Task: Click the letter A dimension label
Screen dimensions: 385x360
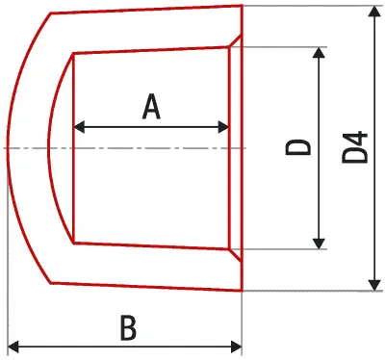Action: point(151,107)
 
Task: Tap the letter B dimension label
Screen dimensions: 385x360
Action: point(128,327)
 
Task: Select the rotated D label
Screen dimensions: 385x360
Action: point(298,147)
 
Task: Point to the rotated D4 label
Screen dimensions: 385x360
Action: point(354,147)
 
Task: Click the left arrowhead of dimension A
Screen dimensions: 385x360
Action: point(79,127)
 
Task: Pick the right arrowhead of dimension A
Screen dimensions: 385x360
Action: point(223,127)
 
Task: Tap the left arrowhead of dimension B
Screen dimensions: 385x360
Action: point(13,347)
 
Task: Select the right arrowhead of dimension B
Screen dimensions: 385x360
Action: point(237,347)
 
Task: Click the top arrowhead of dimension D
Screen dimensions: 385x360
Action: point(319,53)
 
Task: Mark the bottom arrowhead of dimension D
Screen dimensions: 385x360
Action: point(319,244)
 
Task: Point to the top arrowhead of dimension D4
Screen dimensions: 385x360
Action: point(374,11)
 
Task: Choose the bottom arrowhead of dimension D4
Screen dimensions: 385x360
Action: point(374,285)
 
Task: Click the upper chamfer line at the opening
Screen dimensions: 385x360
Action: point(235,40)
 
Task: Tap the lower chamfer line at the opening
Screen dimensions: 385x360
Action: point(235,255)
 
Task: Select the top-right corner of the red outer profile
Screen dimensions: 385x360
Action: point(242,5)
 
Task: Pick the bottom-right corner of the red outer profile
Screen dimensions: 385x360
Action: point(242,291)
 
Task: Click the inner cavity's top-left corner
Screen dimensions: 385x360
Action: point(74,53)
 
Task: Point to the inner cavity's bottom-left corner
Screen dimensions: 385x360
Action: point(74,243)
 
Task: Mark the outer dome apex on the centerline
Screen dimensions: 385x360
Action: point(7,148)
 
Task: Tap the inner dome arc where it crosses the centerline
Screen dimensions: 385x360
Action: point(48,148)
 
